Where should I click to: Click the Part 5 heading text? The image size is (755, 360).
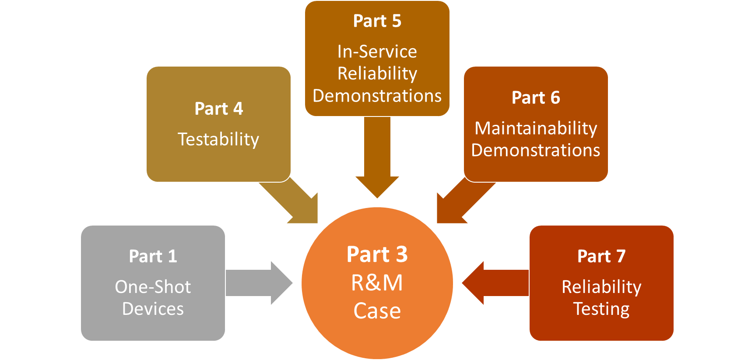377,21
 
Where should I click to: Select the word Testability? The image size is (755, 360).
218,139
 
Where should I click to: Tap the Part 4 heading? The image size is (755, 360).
218,109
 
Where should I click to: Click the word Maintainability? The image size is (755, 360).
536,128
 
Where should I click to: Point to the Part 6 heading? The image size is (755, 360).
536,98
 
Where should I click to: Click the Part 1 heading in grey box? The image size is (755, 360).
153,256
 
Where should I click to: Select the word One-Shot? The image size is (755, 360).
153,287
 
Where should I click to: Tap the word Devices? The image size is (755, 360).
153,309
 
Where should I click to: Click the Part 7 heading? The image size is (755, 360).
601,256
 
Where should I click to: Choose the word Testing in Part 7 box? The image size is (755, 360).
601,309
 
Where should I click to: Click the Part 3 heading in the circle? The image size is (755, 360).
377,254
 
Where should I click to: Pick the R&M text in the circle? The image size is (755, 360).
377,283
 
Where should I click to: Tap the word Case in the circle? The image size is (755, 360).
377,311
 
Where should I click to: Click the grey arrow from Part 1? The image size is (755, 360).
258,283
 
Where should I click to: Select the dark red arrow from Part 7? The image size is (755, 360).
495,283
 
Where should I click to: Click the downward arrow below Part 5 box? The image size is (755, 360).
377,158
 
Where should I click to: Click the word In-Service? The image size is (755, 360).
377,52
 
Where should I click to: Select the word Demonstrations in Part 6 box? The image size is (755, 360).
536,150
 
